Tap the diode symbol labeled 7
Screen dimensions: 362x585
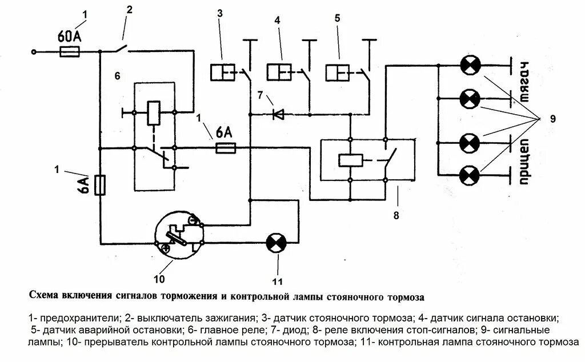pos(278,114)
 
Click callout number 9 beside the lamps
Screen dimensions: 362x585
pos(552,118)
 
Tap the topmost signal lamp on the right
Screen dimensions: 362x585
pos(471,66)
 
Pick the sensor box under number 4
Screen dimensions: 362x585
pos(280,73)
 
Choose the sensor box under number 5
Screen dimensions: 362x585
pos(338,73)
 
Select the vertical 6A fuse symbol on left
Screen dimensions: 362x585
pos(100,186)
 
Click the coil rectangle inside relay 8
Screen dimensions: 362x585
pos(348,159)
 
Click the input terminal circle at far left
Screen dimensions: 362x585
pos(34,52)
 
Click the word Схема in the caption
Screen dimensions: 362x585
pos(45,297)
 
